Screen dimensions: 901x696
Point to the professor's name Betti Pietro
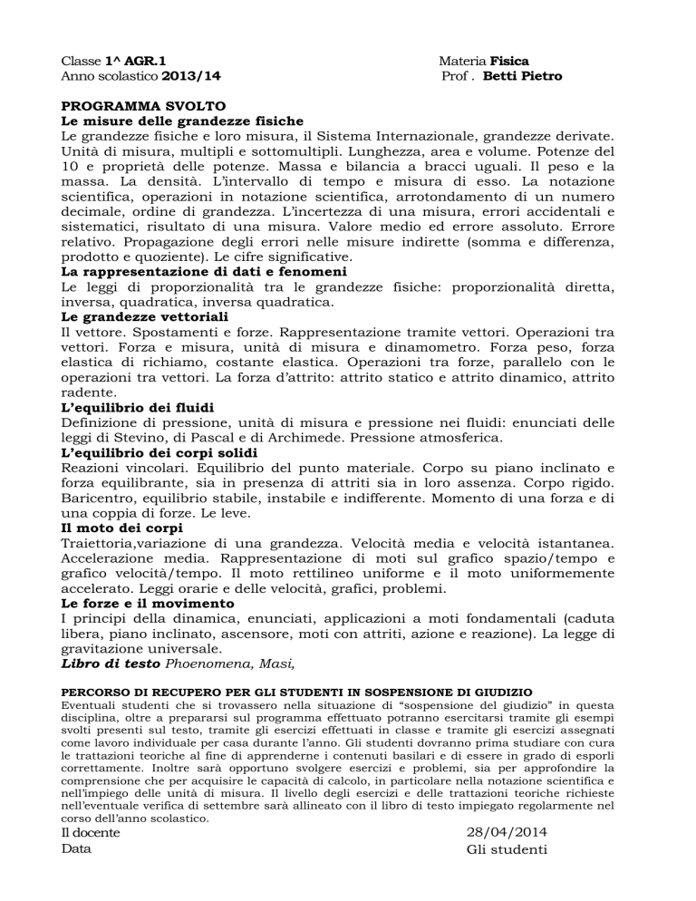[522, 76]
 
